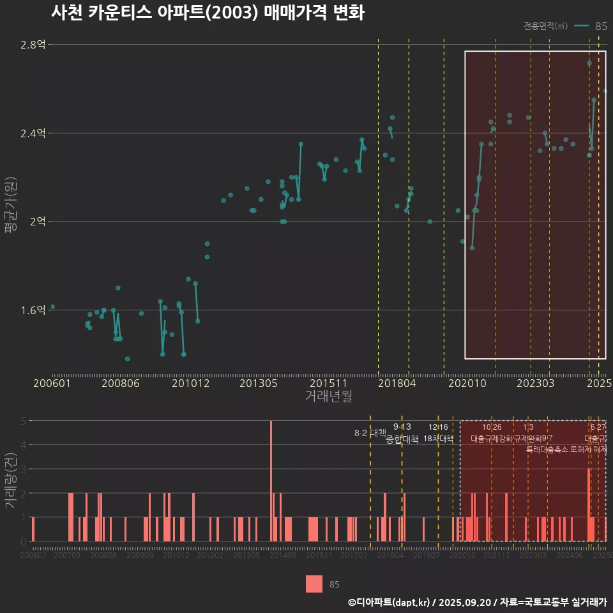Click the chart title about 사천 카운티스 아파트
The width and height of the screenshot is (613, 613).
tap(208, 13)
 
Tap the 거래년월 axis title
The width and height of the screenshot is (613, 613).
tap(328, 397)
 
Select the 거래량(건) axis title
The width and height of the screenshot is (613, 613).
tap(10, 481)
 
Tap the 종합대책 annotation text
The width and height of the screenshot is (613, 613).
tap(402, 439)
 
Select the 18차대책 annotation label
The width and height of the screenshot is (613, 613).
tap(438, 439)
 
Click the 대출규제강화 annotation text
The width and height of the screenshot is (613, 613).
tap(491, 439)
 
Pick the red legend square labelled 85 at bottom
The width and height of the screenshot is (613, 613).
tap(314, 584)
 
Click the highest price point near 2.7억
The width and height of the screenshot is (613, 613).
tap(589, 63)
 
